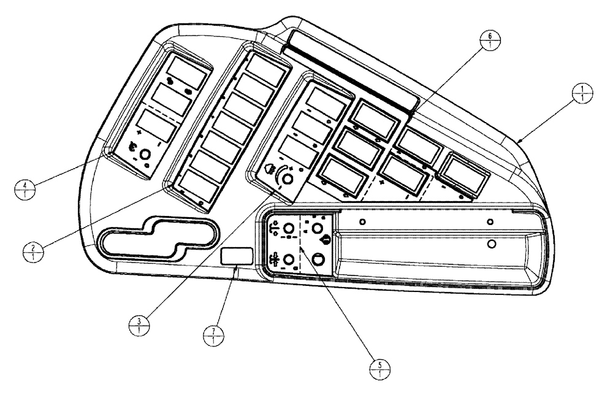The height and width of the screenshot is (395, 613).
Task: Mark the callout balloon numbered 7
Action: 213,336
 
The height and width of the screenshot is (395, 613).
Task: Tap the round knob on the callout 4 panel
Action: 146,156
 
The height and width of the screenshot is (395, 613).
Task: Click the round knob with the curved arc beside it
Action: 287,178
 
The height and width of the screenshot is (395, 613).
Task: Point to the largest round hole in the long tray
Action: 490,244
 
